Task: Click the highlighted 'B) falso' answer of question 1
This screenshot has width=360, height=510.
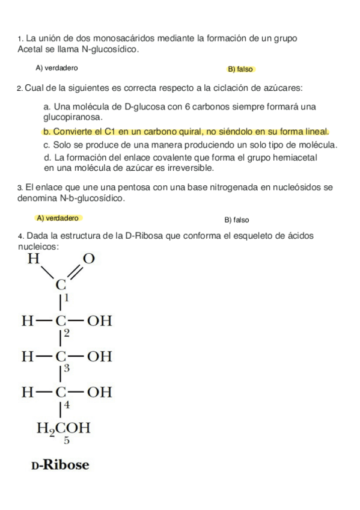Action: tap(240, 69)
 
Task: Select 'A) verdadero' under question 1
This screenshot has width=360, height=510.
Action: tap(56, 68)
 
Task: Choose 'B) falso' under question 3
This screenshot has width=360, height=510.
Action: tap(237, 220)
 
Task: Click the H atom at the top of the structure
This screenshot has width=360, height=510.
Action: tap(34, 260)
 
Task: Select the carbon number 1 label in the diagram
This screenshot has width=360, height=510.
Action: tap(67, 298)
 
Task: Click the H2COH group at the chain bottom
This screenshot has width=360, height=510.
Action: tap(64, 428)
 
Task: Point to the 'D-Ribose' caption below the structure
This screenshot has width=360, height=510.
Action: tap(60, 465)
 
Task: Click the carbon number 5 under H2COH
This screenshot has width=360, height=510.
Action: tap(66, 441)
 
